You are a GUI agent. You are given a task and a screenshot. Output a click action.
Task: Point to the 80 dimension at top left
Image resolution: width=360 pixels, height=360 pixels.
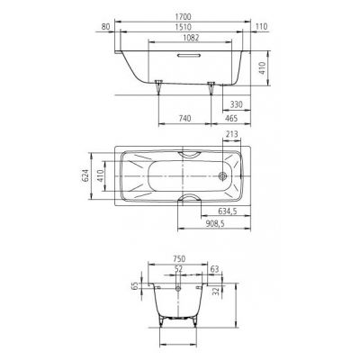tap(107, 27)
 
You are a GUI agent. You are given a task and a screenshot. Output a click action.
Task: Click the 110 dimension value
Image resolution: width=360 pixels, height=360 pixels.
tap(262, 27)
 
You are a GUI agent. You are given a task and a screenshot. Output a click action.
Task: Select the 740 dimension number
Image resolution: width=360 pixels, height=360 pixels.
tap(185, 118)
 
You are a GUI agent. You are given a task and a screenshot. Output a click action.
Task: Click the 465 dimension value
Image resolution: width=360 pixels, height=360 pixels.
tap(229, 118)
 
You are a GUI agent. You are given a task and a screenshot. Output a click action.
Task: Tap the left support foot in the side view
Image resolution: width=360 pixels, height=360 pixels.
tap(159, 87)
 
